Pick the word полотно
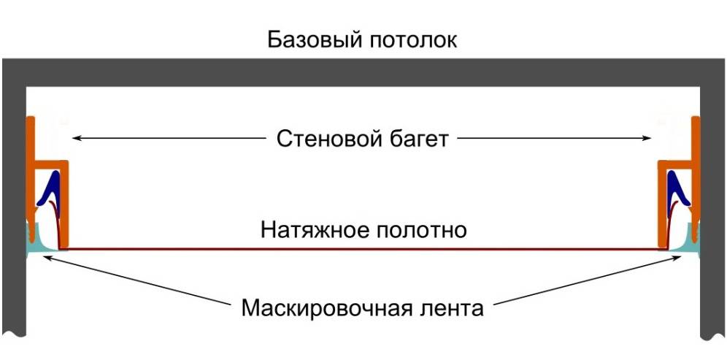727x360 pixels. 421,230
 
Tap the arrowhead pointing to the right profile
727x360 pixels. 647,137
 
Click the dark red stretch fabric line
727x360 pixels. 365,249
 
